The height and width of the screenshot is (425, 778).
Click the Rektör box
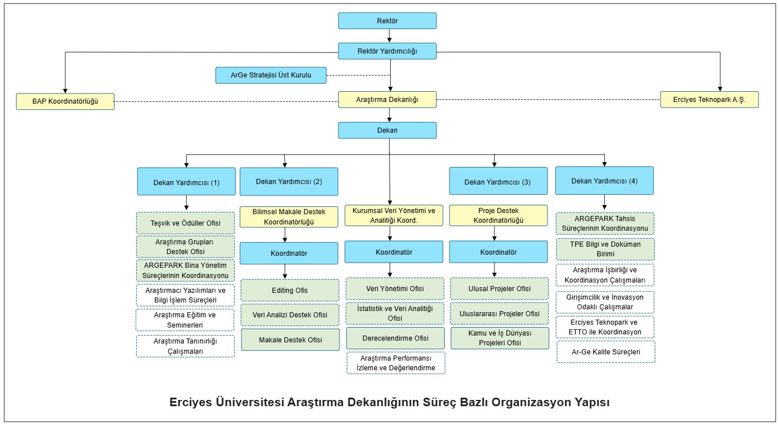click(x=387, y=21)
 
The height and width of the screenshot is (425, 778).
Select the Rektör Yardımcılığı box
click(x=387, y=51)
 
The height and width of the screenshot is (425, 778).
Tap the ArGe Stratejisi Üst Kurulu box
click(x=271, y=75)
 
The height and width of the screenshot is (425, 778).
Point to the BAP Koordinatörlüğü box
click(x=65, y=101)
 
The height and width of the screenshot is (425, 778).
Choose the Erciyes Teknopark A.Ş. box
click(x=710, y=100)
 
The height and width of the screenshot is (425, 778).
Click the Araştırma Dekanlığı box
click(x=387, y=100)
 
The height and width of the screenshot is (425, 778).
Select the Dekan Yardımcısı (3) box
click(x=498, y=182)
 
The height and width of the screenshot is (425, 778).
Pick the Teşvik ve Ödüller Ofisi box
click(x=186, y=223)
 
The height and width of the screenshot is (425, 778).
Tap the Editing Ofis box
click(x=289, y=290)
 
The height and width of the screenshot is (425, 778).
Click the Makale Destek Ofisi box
click(x=290, y=340)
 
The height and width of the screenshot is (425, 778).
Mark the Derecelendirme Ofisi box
click(x=395, y=338)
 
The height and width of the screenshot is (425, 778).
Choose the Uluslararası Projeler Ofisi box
click(x=499, y=313)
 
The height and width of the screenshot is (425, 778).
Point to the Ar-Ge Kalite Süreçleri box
click(x=605, y=352)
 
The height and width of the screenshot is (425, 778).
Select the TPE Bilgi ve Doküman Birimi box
click(x=605, y=249)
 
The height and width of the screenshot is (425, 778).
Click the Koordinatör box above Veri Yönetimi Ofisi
click(x=394, y=252)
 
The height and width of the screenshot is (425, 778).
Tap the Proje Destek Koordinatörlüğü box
click(x=498, y=216)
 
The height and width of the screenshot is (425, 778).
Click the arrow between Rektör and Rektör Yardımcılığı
click(x=389, y=36)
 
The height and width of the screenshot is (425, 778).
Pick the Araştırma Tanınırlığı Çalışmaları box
click(x=186, y=346)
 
